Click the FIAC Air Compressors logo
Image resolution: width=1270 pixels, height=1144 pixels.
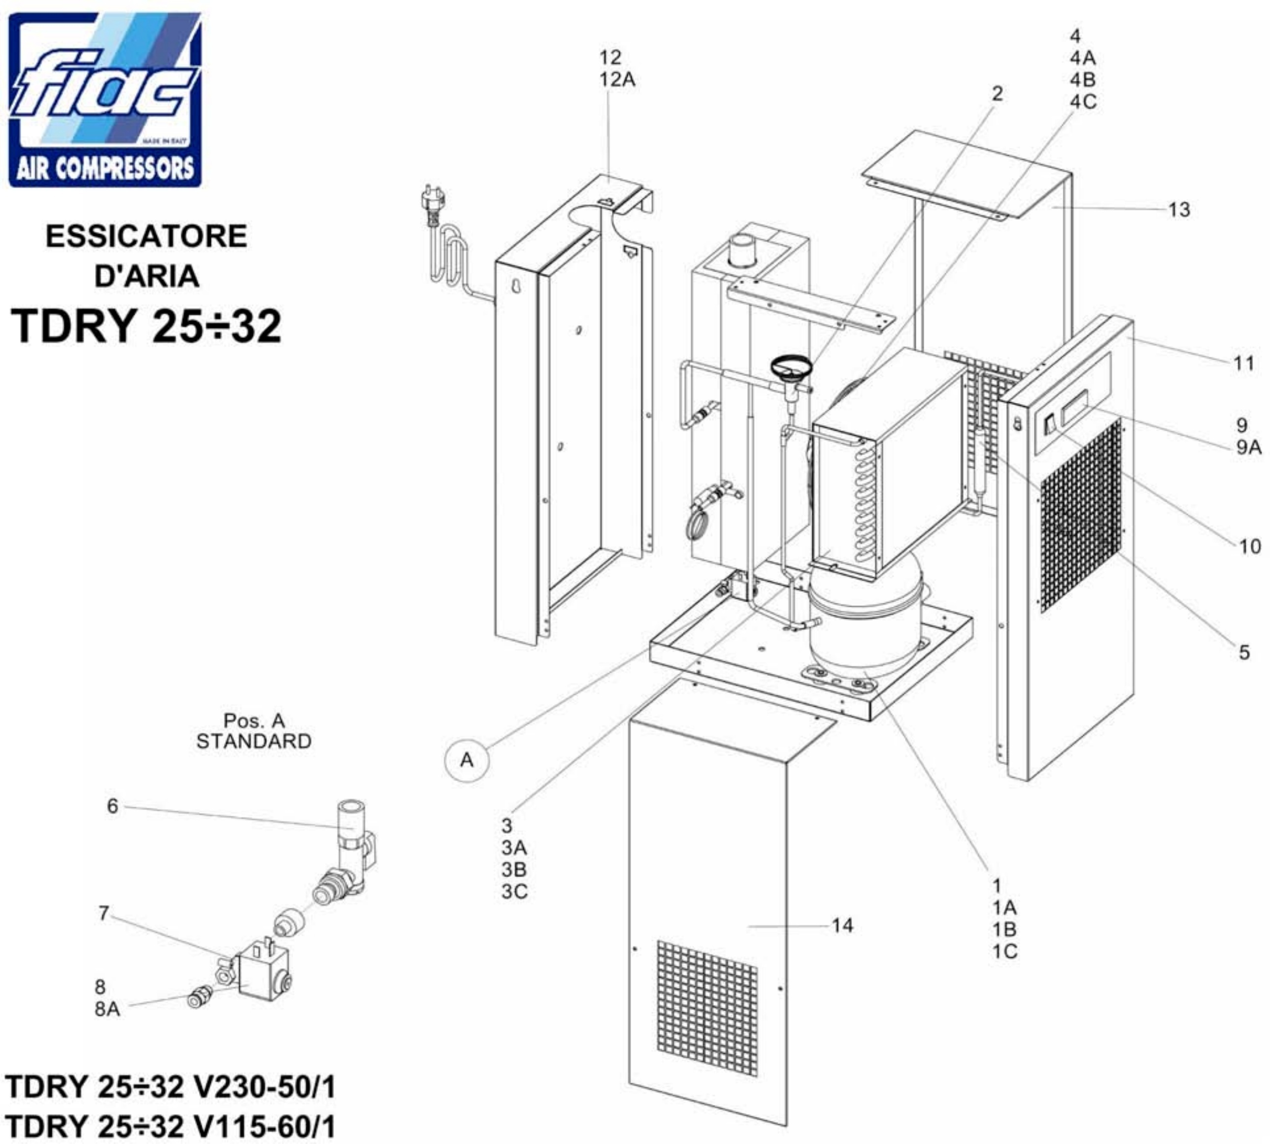(x=105, y=100)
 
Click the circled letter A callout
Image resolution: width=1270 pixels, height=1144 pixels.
(x=467, y=760)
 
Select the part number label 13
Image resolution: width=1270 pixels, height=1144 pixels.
(x=1179, y=209)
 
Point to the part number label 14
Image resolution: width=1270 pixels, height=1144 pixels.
(x=842, y=925)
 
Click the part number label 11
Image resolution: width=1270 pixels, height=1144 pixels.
(x=1243, y=363)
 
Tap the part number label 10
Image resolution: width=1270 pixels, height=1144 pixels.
(x=1250, y=546)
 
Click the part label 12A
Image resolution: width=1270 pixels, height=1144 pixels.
(x=617, y=80)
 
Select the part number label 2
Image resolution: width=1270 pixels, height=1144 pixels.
(x=997, y=94)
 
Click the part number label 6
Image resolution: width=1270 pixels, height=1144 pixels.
(x=112, y=806)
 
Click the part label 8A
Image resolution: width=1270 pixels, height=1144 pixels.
(x=107, y=1009)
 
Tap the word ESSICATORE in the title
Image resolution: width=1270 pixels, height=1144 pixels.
(x=146, y=236)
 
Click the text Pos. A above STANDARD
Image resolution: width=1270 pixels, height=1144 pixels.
(x=254, y=720)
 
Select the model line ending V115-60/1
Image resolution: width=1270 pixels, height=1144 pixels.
(x=170, y=1126)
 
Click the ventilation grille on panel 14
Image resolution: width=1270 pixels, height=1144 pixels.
(x=707, y=1009)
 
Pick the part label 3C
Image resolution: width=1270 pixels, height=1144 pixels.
(x=514, y=891)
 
